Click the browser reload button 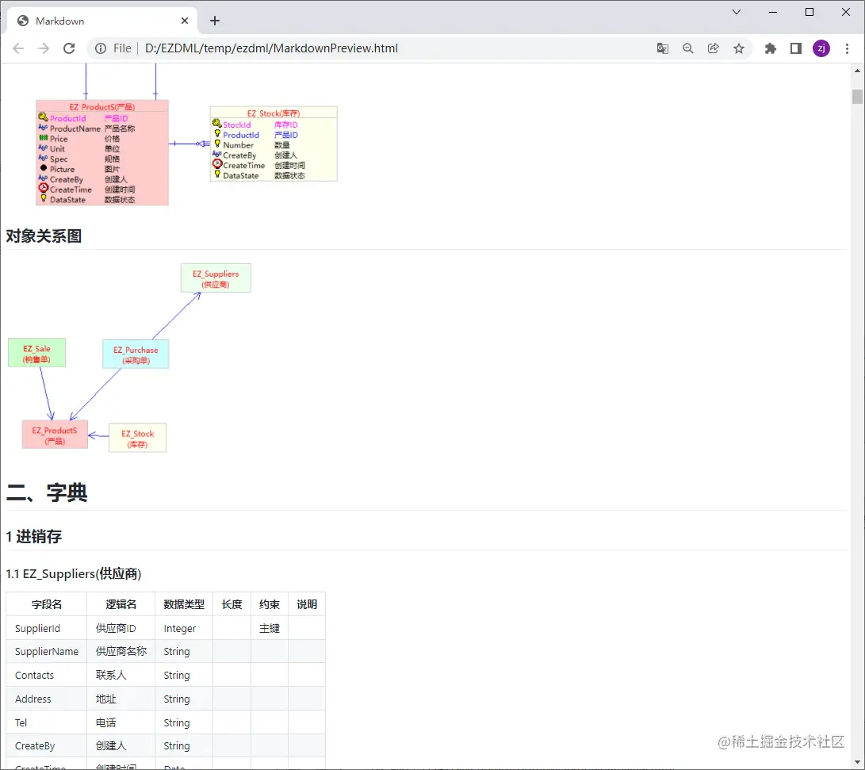(69, 48)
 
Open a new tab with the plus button (214, 21)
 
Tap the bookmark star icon (739, 48)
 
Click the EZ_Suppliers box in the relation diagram (216, 278)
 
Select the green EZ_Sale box (36, 353)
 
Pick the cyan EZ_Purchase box (136, 354)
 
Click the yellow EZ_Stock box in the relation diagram (137, 438)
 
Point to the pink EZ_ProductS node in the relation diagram (55, 435)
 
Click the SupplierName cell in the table (47, 651)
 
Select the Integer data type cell (180, 628)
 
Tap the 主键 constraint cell (270, 628)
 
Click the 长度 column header (232, 604)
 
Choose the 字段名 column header (47, 604)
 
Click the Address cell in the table (33, 699)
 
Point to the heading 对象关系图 (44, 236)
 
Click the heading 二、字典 (47, 492)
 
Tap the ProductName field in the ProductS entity (75, 128)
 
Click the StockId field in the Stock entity (236, 125)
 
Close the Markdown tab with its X (185, 21)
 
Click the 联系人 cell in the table (111, 675)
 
